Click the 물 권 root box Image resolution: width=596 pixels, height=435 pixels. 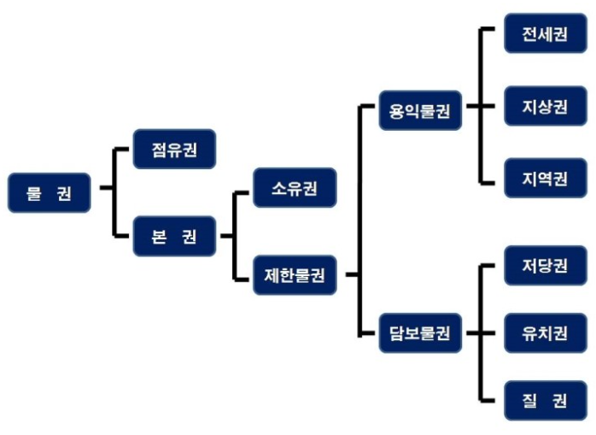tap(50, 192)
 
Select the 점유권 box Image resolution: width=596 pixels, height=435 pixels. tap(174, 149)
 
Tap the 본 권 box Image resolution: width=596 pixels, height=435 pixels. tap(174, 236)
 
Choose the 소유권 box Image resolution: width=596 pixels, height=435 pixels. tap(295, 187)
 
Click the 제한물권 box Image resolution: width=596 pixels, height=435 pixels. tap(295, 274)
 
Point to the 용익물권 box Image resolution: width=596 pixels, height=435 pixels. tap(420, 110)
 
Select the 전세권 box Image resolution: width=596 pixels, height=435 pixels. tap(546, 33)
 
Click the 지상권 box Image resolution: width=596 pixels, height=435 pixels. tap(546, 106)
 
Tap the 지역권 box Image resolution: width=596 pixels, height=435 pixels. tap(546, 178)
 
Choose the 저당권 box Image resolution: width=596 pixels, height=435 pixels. tap(546, 264)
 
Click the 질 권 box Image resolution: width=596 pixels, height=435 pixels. tap(546, 398)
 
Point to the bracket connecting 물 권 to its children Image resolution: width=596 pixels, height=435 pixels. tap(114, 191)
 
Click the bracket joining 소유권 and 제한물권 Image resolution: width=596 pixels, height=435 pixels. tap(235, 234)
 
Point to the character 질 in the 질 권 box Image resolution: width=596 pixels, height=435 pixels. tap(531, 398)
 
